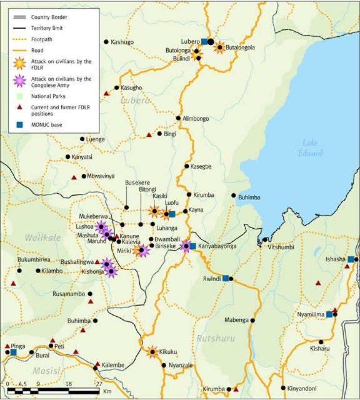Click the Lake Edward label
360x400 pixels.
(x=312, y=148)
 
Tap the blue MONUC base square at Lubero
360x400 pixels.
(x=204, y=41)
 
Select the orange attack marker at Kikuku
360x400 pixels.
(x=153, y=352)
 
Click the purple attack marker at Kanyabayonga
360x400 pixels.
(x=186, y=246)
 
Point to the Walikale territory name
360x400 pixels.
(x=43, y=238)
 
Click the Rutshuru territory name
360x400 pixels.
(x=216, y=338)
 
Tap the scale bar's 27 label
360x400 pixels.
(x=99, y=384)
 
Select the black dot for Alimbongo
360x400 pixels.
(x=178, y=118)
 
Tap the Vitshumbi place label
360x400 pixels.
(x=282, y=247)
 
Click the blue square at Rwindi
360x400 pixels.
(x=225, y=278)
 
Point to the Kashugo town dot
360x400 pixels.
(x=106, y=42)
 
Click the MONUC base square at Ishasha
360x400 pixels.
(x=350, y=259)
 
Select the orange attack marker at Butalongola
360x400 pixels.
(x=220, y=48)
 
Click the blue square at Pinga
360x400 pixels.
(x=14, y=352)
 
